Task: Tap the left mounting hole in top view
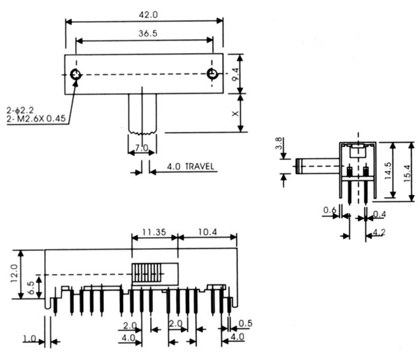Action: pyautogui.click(x=74, y=74)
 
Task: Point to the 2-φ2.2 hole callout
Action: pyautogui.click(x=23, y=110)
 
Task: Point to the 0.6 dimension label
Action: pyautogui.click(x=328, y=210)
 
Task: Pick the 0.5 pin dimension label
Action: pyautogui.click(x=244, y=322)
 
